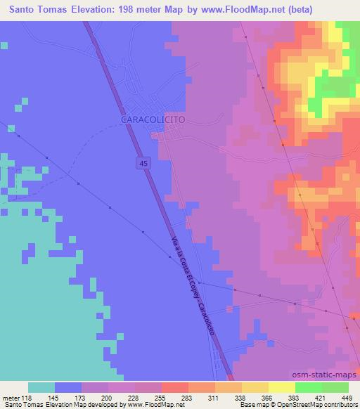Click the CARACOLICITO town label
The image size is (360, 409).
[x=153, y=120]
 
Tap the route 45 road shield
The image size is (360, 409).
[x=143, y=163]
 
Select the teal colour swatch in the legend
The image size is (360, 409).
[x=41, y=387]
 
